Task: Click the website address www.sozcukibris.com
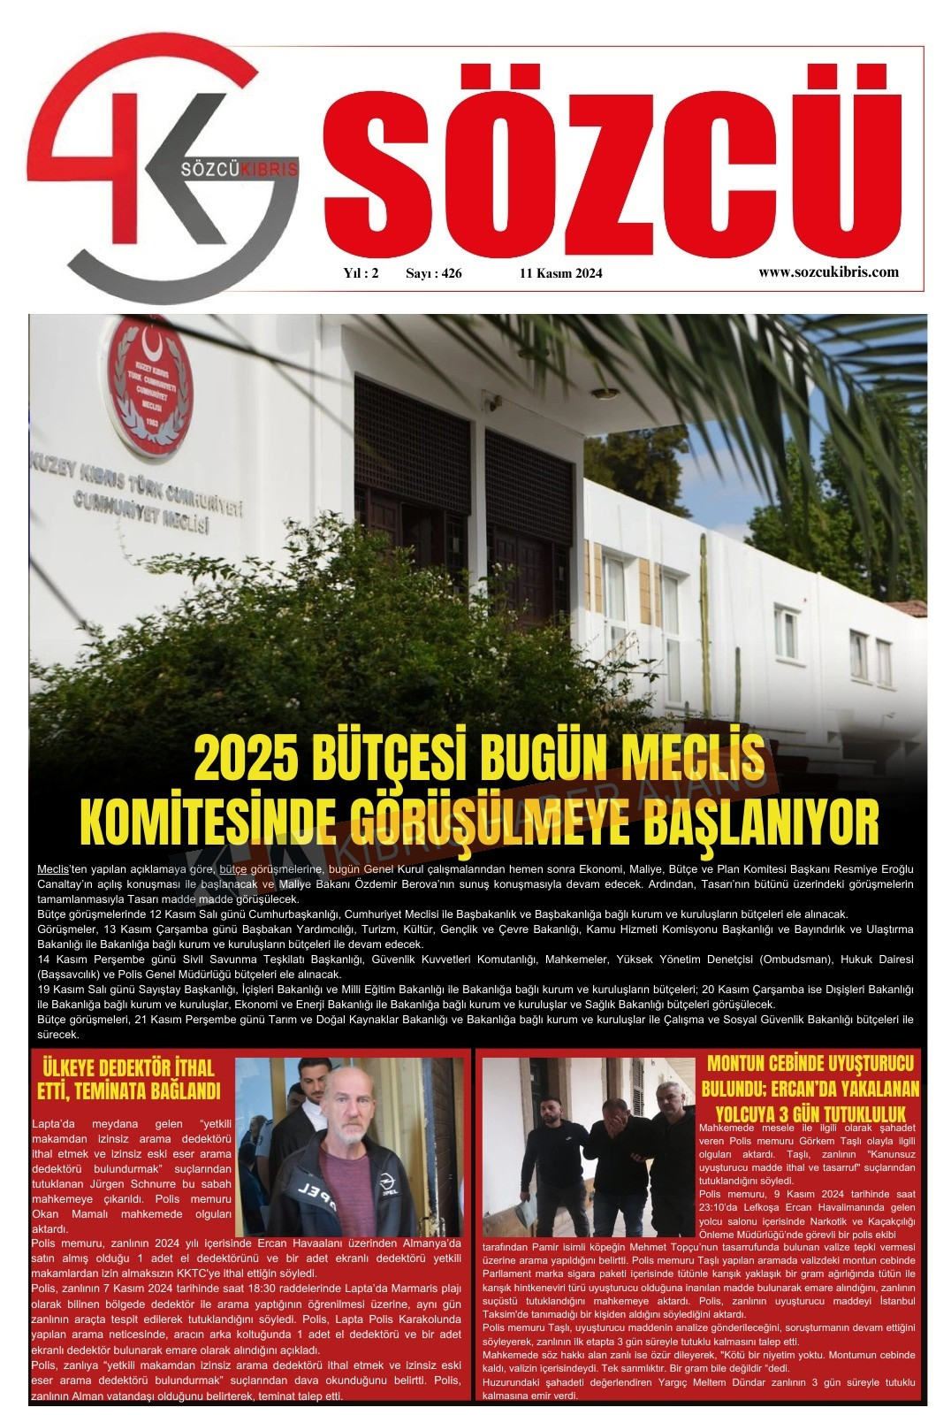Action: (x=828, y=272)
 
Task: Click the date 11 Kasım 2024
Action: (x=561, y=273)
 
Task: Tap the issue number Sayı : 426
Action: (x=433, y=273)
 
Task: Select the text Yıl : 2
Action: (x=361, y=273)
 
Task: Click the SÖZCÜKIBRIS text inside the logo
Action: (x=239, y=169)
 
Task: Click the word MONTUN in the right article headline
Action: (x=742, y=1064)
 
